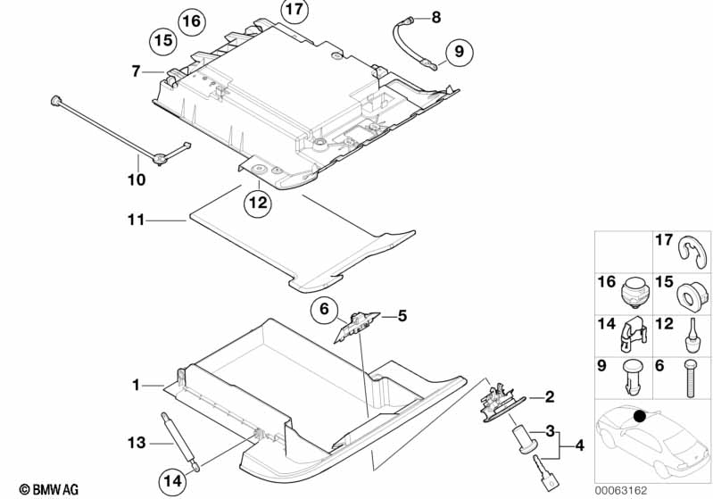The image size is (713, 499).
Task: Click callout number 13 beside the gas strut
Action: (136, 442)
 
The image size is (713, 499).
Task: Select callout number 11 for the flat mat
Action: (135, 218)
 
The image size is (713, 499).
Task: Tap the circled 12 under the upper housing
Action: (257, 203)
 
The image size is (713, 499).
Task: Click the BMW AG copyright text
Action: (43, 489)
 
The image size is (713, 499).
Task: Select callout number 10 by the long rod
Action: (136, 180)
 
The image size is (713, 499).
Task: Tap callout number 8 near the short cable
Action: (435, 17)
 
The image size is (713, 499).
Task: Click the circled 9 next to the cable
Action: (457, 52)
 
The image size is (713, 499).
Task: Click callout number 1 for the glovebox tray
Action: (136, 386)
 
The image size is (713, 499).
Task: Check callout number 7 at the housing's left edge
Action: (136, 70)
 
